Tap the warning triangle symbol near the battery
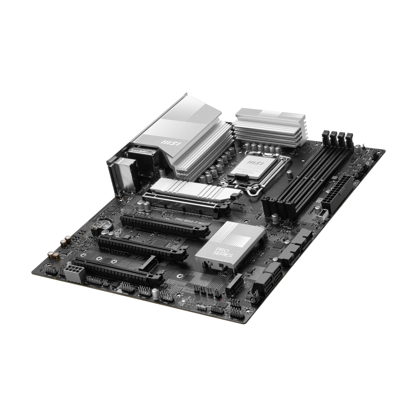[x=118, y=231]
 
